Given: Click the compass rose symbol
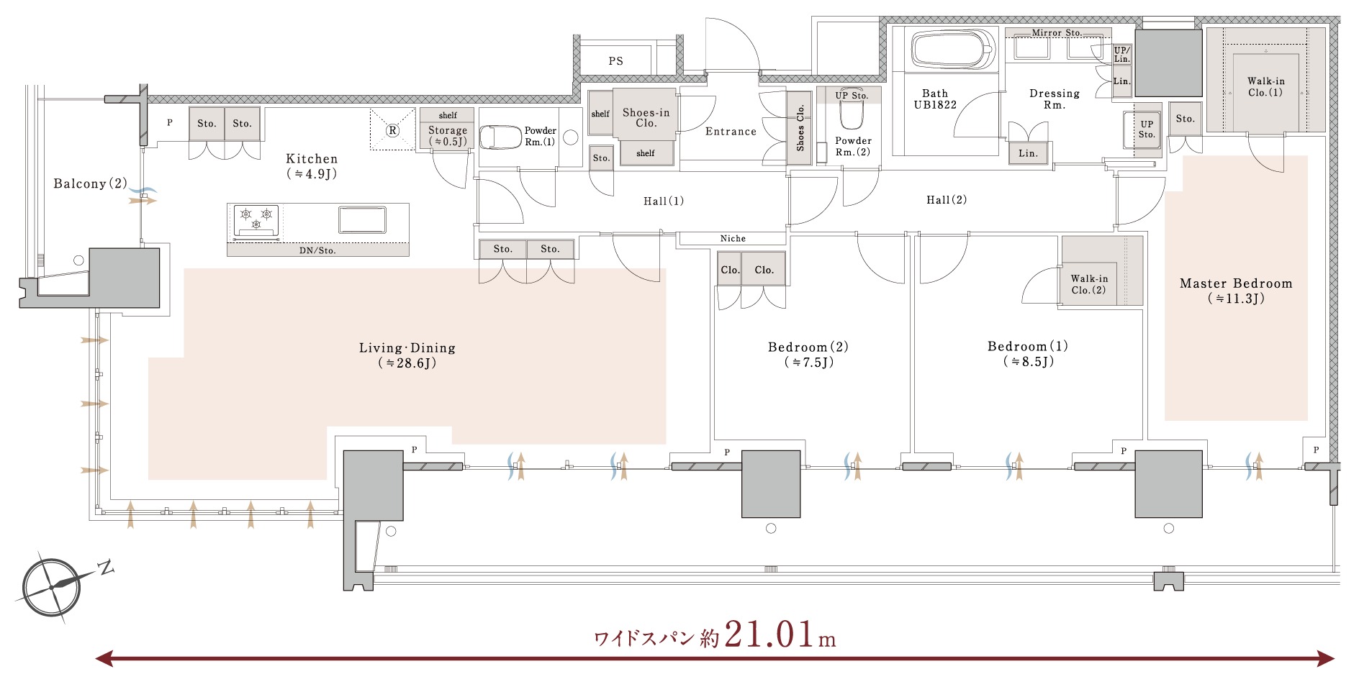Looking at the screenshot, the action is tap(52, 586).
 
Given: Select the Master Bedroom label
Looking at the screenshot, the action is tap(1236, 283).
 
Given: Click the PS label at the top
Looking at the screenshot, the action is tap(615, 61).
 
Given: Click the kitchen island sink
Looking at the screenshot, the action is tap(362, 219).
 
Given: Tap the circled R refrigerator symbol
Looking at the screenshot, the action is tap(393, 130).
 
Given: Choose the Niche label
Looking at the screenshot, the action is tap(733, 238).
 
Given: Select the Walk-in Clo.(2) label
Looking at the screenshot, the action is tap(1088, 284).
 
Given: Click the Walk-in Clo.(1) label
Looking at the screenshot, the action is tap(1265, 87).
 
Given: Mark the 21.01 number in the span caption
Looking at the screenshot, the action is tap(769, 634).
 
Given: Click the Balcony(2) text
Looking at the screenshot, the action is tap(90, 183).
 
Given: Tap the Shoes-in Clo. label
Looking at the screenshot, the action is tap(646, 117).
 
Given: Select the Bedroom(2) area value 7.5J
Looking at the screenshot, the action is tap(809, 363).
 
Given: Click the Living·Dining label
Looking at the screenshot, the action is tap(407, 348).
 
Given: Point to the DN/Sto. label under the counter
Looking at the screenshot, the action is tap(317, 250).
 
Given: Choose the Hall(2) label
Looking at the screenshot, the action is tap(947, 200).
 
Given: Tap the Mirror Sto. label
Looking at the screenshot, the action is tap(1057, 33).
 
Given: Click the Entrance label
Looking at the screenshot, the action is tap(731, 132).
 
